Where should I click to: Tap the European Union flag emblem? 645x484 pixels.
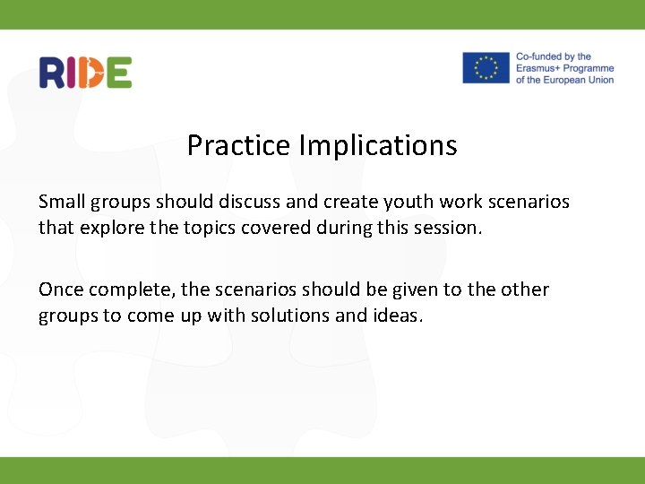(486, 68)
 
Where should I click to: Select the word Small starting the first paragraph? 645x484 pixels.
(62, 202)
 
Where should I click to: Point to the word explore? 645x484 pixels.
(112, 228)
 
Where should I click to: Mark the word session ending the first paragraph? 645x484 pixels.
(450, 228)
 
